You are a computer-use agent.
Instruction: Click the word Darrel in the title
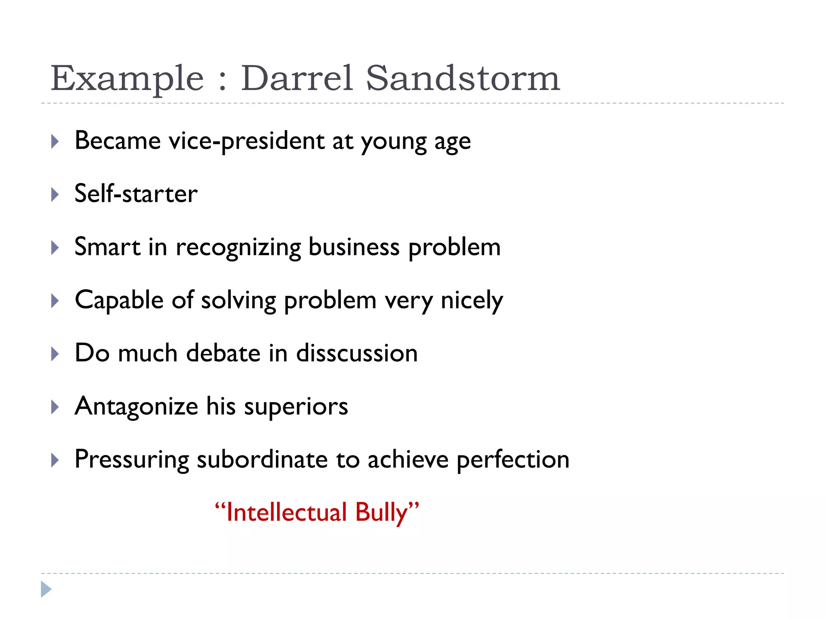[x=297, y=79]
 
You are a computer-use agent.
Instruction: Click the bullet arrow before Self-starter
[x=55, y=195]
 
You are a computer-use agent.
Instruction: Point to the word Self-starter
[x=136, y=194]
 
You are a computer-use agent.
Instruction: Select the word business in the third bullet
[x=354, y=247]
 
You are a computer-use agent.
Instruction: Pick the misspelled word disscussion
[x=357, y=353]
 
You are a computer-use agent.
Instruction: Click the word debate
[x=223, y=353]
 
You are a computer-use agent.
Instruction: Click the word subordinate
[x=262, y=460]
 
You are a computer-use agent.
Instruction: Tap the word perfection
[x=513, y=460]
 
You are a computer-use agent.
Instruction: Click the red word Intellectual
[x=286, y=513]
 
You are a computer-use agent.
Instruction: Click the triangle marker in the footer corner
[x=46, y=589]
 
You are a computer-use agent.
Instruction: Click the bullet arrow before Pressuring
[x=55, y=460]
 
